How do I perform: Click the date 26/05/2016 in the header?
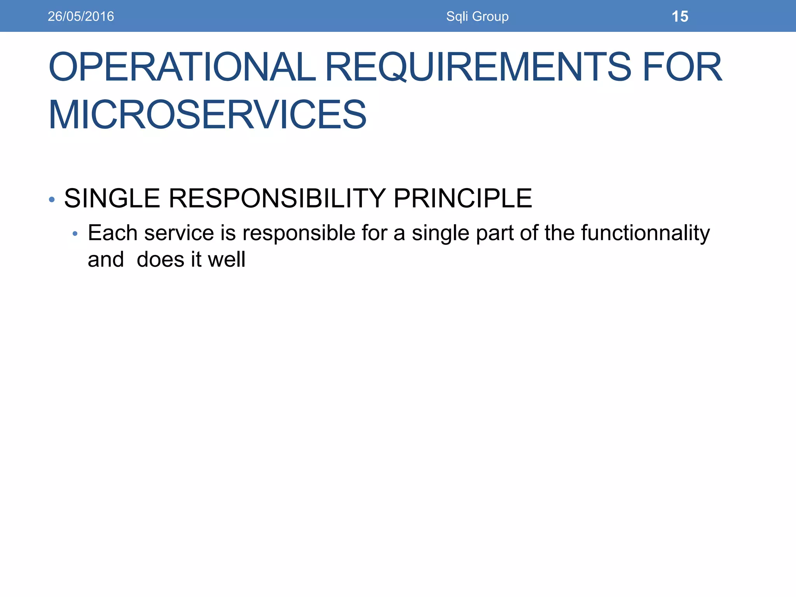(81, 16)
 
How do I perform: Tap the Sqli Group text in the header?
(477, 16)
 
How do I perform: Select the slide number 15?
(680, 17)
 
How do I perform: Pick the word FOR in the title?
(683, 67)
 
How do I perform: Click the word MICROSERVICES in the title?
(208, 115)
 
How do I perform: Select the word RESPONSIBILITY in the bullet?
(277, 198)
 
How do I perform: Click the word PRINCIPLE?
(463, 198)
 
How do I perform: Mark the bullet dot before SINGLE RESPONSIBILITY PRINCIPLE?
(52, 200)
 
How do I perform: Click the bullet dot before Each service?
(75, 234)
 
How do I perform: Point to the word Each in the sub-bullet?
(112, 233)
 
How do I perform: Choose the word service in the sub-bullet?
(179, 233)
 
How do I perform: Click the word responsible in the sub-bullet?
(299, 233)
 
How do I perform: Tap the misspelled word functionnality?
(646, 233)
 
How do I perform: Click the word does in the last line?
(161, 259)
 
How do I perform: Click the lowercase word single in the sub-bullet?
(440, 234)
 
